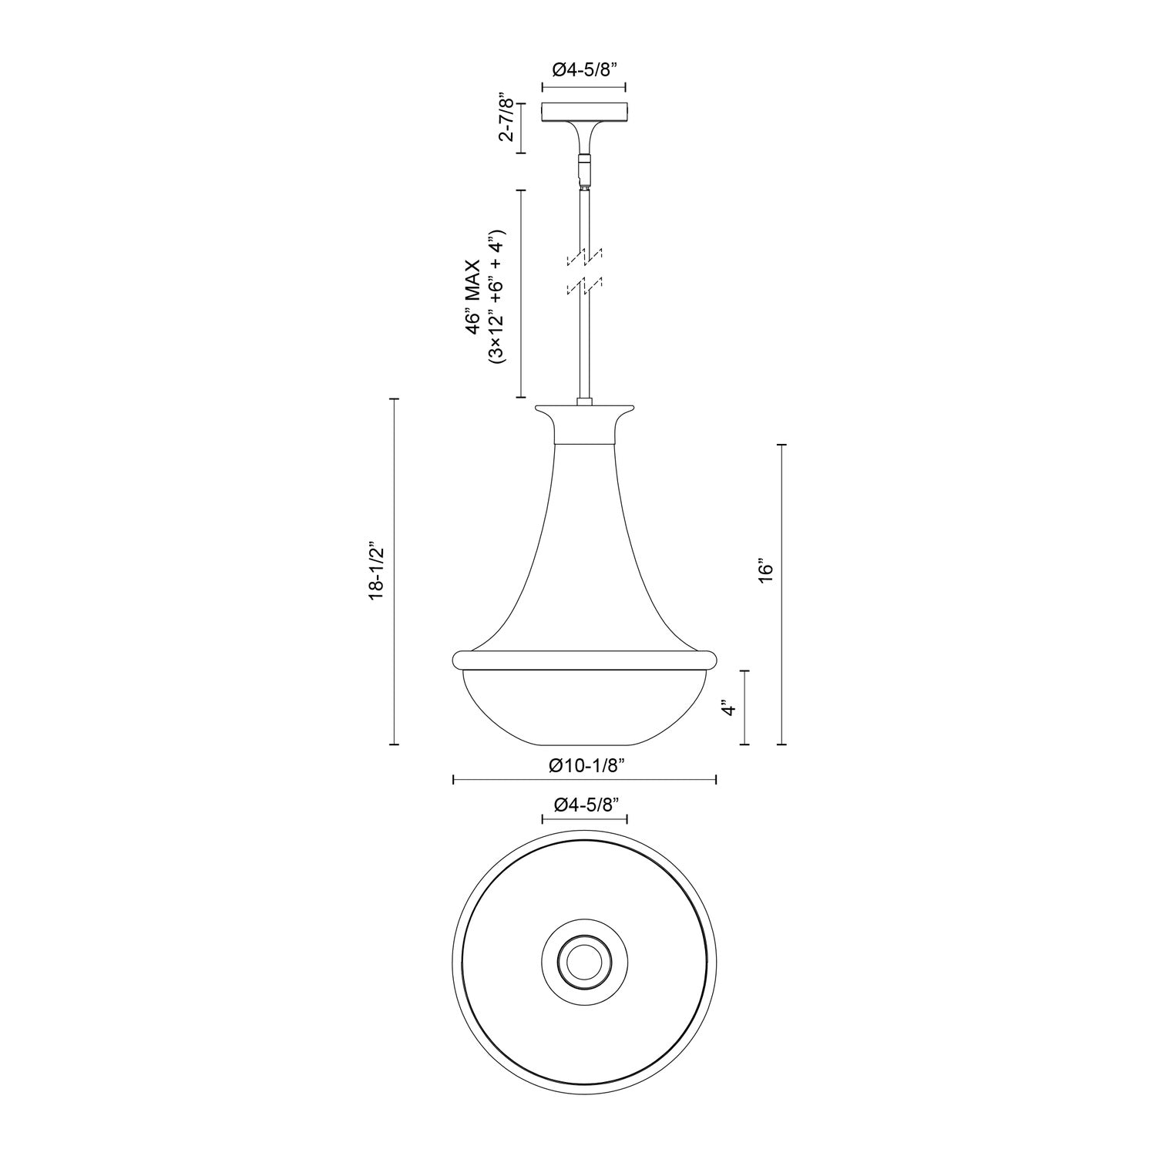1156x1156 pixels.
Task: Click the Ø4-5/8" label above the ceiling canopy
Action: coord(584,70)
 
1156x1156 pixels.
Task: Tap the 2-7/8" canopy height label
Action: coord(506,119)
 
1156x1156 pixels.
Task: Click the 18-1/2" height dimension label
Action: coord(375,571)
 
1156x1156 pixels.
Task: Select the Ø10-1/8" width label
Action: coord(585,765)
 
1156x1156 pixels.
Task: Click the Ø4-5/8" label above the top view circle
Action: coord(585,805)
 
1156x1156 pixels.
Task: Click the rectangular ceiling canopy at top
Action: coord(584,113)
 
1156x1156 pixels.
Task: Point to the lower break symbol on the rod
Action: coord(584,286)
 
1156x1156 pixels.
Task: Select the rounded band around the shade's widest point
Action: coord(584,659)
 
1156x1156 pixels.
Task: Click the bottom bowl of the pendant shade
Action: coord(584,709)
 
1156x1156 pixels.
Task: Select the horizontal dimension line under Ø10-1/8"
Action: coord(585,781)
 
